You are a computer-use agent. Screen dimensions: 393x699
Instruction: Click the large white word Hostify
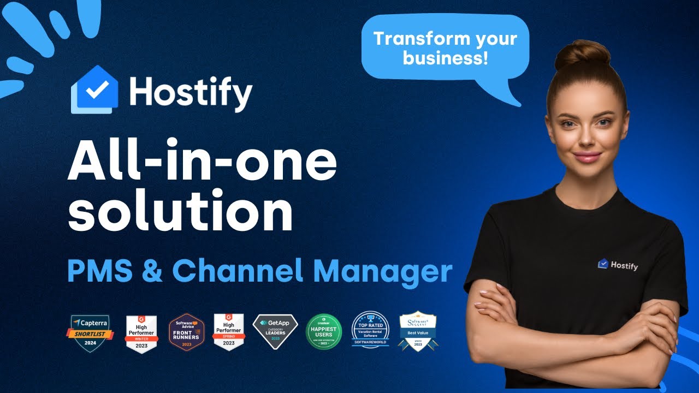coord(191,93)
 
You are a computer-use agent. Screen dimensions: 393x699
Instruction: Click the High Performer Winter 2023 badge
coord(141,333)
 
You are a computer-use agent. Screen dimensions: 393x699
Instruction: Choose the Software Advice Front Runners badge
coord(186,332)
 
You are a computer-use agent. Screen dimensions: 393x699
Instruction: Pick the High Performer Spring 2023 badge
coord(228,332)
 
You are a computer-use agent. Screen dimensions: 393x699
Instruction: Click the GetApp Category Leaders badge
coord(275,331)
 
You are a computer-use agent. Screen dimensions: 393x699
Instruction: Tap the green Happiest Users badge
coord(324,332)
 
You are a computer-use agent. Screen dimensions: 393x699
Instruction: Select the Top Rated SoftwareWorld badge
coord(370,331)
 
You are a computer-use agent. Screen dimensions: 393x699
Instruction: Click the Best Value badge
coord(418,331)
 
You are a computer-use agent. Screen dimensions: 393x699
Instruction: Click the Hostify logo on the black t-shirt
coord(618,265)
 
